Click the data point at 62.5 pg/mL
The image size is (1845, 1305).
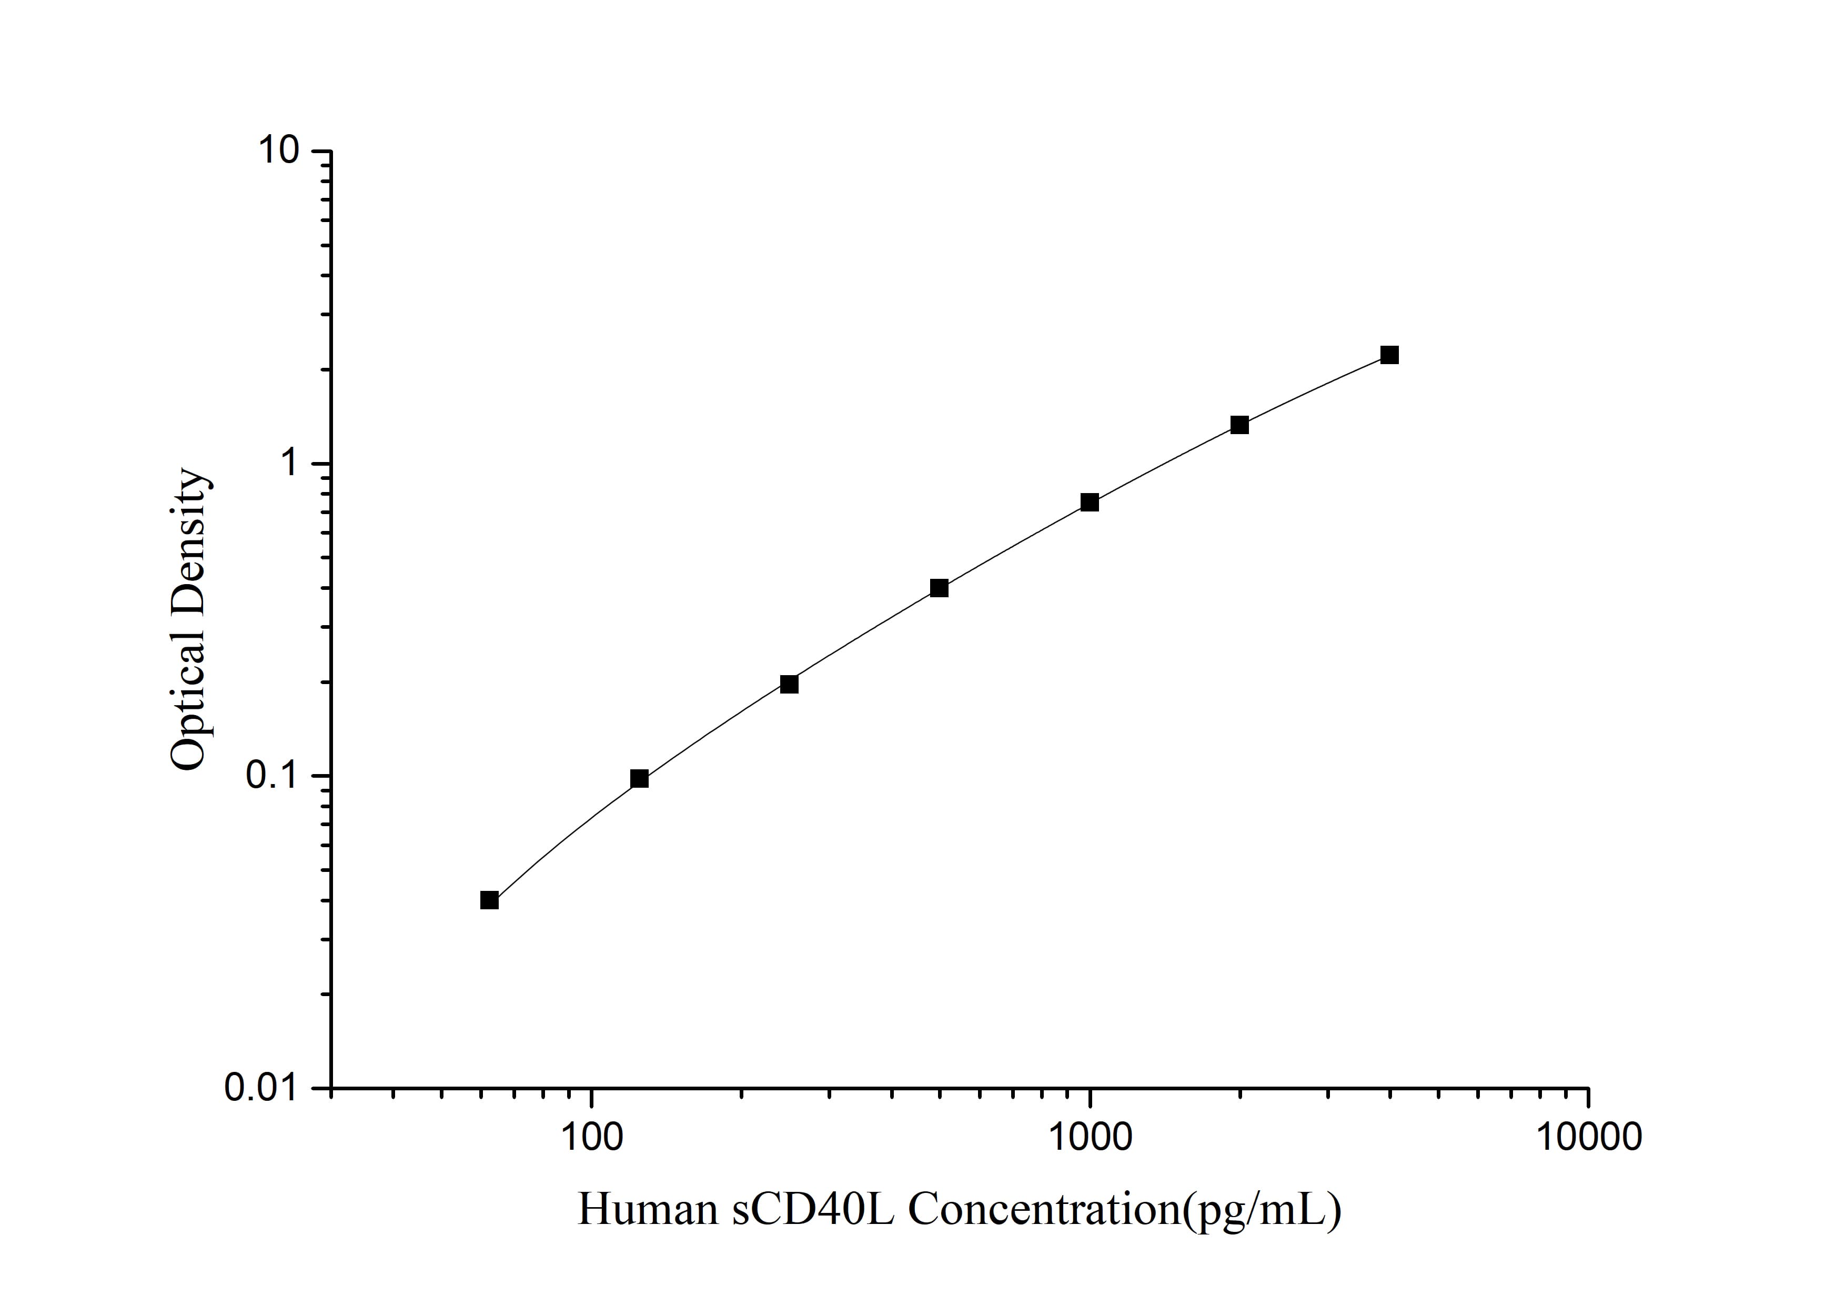pos(489,900)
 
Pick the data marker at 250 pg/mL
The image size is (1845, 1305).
pos(789,684)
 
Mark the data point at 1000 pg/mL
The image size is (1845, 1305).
pos(1090,502)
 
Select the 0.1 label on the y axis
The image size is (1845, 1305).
pos(273,776)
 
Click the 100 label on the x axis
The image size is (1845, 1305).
pos(591,1137)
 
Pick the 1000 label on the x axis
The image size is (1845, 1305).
pos(1090,1137)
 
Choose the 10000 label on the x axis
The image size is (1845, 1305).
pos(1588,1137)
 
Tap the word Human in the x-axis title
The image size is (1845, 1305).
pos(648,1209)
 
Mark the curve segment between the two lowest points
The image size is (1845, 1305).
pos(562,836)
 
